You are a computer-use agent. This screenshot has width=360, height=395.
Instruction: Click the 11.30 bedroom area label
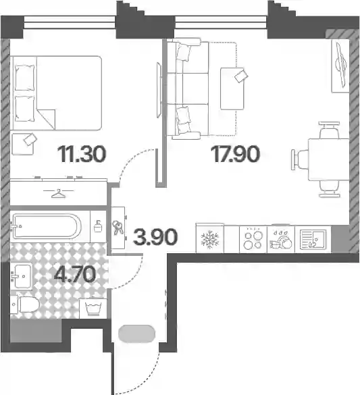point(82,154)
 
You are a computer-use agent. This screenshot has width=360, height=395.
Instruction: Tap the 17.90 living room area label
point(235,154)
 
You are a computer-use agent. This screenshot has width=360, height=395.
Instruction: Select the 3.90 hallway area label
point(155,237)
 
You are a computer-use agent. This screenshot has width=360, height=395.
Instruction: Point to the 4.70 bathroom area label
point(75,275)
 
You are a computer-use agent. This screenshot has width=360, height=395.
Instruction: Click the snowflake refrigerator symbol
point(210,239)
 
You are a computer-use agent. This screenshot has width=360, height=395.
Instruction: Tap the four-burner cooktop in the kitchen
point(253,239)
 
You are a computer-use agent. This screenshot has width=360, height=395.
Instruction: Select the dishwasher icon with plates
point(281,240)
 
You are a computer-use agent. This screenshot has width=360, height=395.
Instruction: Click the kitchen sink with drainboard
point(313,239)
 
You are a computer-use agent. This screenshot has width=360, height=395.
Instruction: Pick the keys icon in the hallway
point(118,228)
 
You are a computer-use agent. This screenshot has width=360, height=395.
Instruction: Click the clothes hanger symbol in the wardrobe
point(58,194)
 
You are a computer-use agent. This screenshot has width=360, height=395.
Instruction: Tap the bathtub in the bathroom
point(47,226)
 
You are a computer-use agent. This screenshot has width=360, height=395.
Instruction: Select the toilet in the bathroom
point(25,305)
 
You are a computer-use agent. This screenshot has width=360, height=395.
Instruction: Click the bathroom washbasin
point(22,276)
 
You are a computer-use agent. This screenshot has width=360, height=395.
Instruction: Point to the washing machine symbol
point(93,309)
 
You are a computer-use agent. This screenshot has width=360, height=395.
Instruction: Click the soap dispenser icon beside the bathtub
point(98,226)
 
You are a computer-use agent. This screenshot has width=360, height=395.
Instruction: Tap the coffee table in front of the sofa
point(232,88)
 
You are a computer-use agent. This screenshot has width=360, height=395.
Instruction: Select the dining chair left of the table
point(300,160)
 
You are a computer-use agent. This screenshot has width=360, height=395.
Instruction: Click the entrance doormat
point(137,334)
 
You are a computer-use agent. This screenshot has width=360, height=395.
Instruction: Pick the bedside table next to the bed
point(23,144)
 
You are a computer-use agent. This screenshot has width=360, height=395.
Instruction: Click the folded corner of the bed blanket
point(47,119)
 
